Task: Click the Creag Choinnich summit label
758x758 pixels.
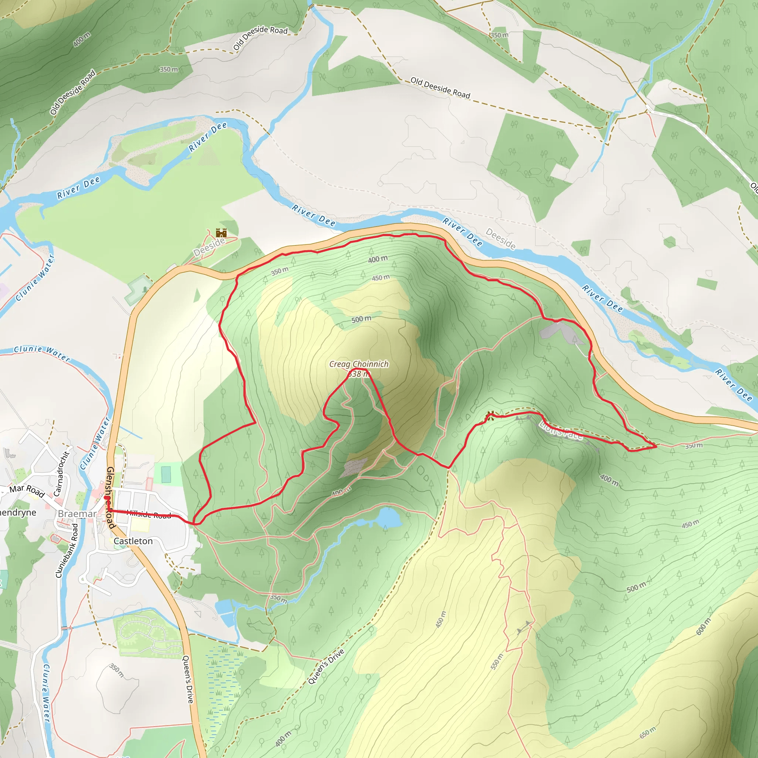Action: click(359, 364)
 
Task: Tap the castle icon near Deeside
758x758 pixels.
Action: click(221, 233)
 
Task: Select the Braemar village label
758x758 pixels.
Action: click(77, 514)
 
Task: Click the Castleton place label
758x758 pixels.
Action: click(133, 541)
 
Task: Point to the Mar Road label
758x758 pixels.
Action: click(27, 490)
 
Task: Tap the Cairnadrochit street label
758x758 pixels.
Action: click(61, 474)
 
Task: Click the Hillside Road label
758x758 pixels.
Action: click(149, 514)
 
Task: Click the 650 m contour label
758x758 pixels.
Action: click(648, 732)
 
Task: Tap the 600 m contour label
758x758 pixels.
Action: click(703, 627)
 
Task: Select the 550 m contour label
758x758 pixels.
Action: click(496, 661)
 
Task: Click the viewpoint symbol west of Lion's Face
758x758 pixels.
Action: click(489, 415)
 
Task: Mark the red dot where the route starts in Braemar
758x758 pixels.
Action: click(106, 498)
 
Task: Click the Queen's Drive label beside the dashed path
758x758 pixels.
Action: click(326, 667)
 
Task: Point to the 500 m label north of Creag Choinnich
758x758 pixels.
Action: click(361, 319)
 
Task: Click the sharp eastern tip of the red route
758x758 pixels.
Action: click(656, 446)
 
